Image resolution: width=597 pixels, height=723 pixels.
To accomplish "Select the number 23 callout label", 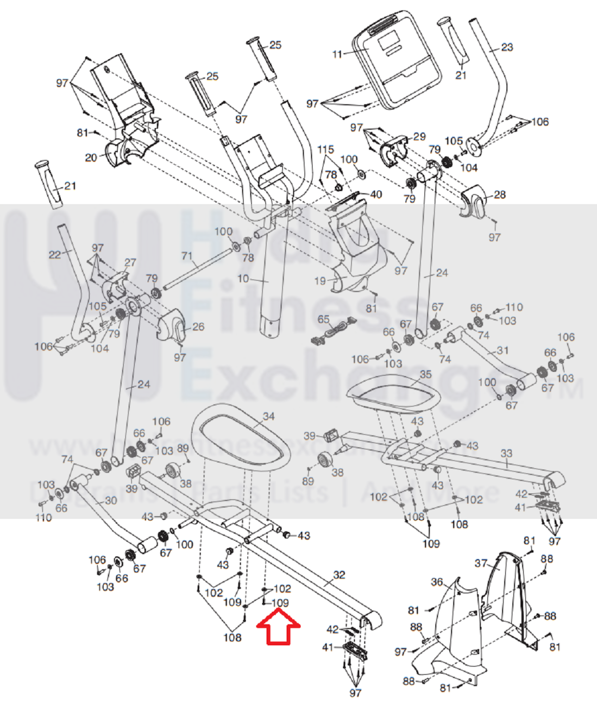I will click(507, 47).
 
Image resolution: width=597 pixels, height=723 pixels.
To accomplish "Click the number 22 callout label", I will click(55, 254).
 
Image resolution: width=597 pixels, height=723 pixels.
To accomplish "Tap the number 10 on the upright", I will click(243, 279).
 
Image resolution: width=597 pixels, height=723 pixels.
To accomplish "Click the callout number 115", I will click(325, 149).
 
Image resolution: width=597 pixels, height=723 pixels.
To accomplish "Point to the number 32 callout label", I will click(339, 575).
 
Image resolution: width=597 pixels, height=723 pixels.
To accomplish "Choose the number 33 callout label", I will click(506, 453).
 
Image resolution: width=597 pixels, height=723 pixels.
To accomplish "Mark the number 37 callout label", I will click(481, 563).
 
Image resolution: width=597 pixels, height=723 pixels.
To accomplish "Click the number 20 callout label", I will click(91, 158).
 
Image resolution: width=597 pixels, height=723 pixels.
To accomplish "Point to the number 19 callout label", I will click(320, 281).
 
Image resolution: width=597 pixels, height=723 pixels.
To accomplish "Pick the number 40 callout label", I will click(376, 194).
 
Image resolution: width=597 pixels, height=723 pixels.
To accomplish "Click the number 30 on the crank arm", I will click(111, 500).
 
